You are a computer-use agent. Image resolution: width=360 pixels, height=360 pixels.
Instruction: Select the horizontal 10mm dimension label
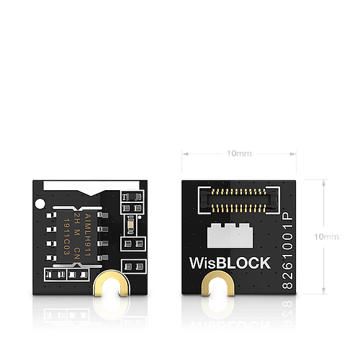coord(238,153)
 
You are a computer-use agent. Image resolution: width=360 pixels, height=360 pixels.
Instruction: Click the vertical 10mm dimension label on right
coord(329,237)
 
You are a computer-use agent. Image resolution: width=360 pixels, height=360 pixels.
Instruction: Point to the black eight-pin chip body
coord(78,230)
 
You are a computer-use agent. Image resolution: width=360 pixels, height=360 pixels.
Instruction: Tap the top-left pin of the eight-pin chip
coord(53,215)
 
